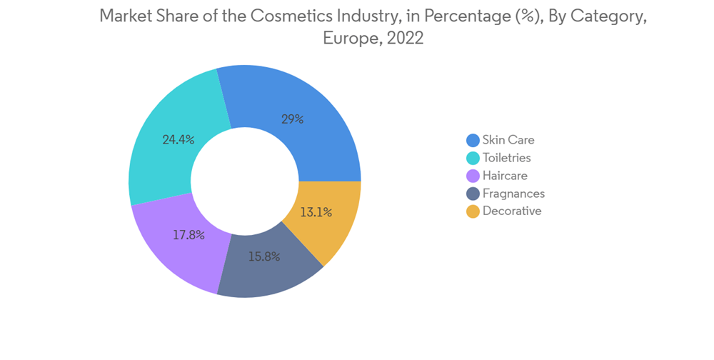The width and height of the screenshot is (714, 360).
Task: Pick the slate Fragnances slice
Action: pos(268,275)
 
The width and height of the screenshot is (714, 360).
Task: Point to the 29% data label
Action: pos(292,119)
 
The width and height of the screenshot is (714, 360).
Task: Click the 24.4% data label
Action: pos(178,140)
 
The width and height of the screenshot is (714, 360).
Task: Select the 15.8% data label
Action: pos(264,256)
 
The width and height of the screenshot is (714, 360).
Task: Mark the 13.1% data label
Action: pos(316,211)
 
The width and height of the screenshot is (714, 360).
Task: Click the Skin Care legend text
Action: pos(508,140)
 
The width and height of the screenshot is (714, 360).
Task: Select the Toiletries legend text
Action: pos(507,158)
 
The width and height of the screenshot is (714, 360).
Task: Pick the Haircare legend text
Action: pos(506,176)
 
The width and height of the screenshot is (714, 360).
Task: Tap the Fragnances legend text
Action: pos(513,194)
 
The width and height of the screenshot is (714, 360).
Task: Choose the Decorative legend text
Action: pos(512,211)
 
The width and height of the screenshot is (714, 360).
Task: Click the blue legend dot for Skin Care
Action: pos(473,140)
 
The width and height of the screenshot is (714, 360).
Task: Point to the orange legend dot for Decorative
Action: pos(473,211)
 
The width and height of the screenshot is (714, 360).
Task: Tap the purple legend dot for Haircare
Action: pos(473,176)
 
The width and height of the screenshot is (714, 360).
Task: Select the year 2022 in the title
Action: pos(405,39)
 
